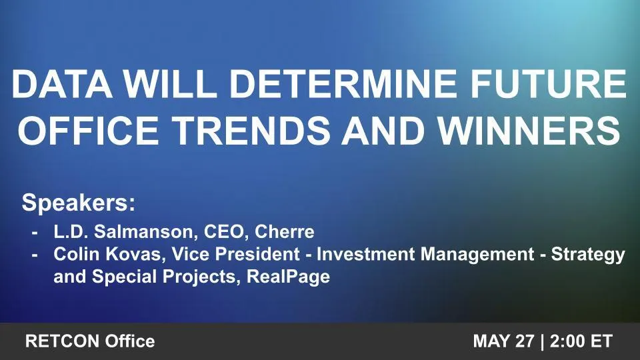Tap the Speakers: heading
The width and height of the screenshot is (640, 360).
coord(79,203)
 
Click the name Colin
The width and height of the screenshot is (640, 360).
coord(73,255)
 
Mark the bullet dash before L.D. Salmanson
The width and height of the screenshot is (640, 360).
coord(35,233)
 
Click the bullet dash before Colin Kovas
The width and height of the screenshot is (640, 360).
coord(35,255)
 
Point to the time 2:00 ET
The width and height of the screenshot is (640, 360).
coord(581,342)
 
